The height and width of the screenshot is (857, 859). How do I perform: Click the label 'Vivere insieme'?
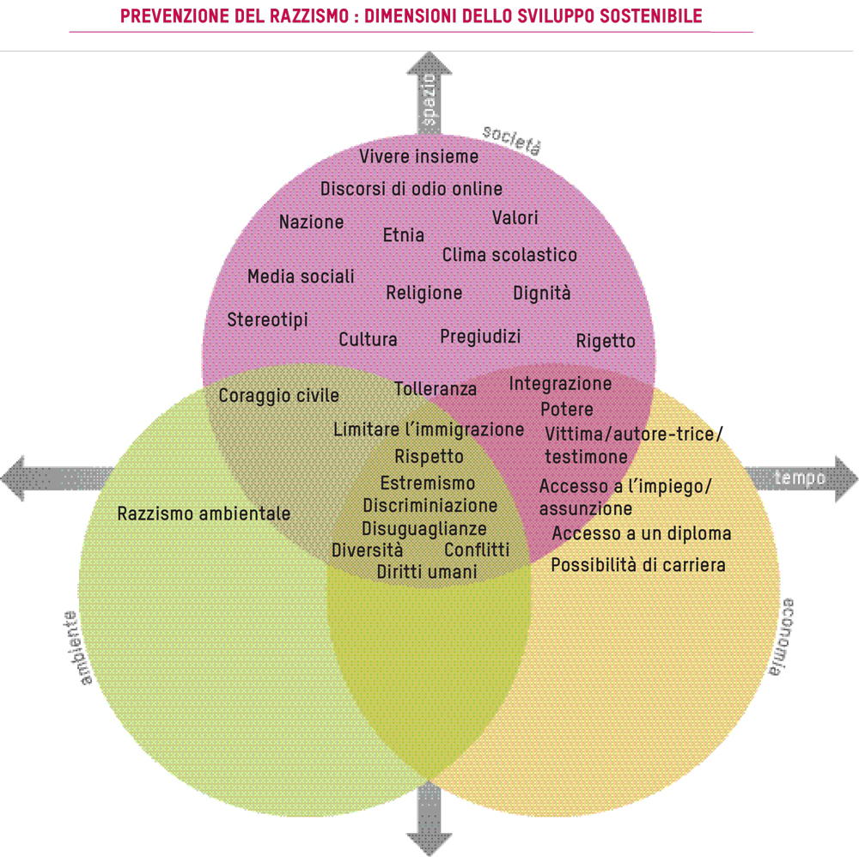tap(418, 156)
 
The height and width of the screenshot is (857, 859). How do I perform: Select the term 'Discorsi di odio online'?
tap(411, 189)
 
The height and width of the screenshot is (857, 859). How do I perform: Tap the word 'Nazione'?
tap(311, 222)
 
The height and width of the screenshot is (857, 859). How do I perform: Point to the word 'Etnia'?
tap(403, 234)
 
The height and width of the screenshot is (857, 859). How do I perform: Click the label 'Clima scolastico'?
tap(509, 255)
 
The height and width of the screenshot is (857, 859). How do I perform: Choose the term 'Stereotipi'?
tap(267, 320)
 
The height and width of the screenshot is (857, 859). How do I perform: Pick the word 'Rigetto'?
tap(606, 341)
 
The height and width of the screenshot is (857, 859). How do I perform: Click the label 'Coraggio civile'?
tap(278, 396)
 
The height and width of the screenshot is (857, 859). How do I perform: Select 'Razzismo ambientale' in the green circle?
tap(204, 514)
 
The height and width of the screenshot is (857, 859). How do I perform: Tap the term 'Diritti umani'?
tap(427, 571)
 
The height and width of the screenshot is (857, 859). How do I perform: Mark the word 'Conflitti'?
tap(477, 550)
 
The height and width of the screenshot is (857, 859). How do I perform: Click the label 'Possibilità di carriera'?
tap(638, 565)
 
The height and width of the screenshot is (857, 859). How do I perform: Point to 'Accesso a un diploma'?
tap(641, 534)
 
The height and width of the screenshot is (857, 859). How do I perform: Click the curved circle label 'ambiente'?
tap(76, 648)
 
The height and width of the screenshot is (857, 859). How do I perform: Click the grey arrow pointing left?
tap(52, 476)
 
